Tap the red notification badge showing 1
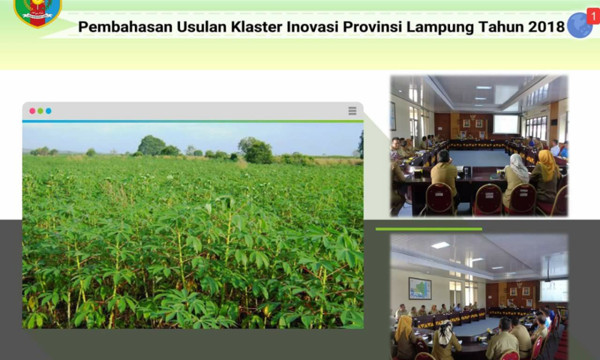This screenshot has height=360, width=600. (x=593, y=16)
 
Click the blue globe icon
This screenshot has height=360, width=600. (x=580, y=26)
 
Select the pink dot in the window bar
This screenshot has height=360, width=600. (x=32, y=111)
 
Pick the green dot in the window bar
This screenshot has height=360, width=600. (x=40, y=111)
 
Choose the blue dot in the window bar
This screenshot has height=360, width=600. (x=48, y=111)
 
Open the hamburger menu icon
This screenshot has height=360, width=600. (x=352, y=111)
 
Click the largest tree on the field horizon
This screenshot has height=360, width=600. (x=152, y=145)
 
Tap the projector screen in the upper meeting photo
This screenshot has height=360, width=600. (x=505, y=124)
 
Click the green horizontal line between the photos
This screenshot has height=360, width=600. (x=428, y=229)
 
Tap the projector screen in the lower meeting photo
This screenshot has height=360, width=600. (x=554, y=291)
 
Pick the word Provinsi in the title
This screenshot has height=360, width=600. (x=373, y=27)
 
